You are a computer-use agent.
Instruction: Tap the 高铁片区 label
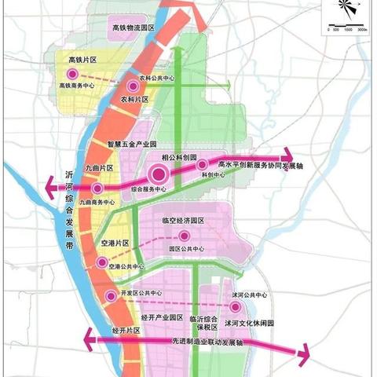(82, 60)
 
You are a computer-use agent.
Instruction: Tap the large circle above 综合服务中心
(158, 175)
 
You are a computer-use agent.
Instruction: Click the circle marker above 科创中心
(203, 165)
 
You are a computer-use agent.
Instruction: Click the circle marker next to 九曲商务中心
(97, 189)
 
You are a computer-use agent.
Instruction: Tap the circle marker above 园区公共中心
(185, 236)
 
